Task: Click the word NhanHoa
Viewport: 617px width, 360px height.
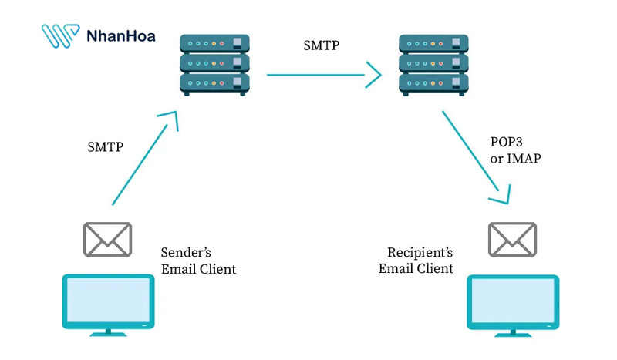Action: click(120, 36)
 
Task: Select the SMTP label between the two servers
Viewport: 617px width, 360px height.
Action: click(322, 45)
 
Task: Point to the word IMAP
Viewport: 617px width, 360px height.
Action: click(524, 159)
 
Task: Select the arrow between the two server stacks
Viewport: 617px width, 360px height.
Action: click(324, 75)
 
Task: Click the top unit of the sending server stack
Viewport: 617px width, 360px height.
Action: click(214, 43)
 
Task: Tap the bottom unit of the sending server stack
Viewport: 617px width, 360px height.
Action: click(214, 82)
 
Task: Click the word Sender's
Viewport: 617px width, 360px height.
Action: click(186, 253)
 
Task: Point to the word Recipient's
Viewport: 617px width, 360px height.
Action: click(420, 253)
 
